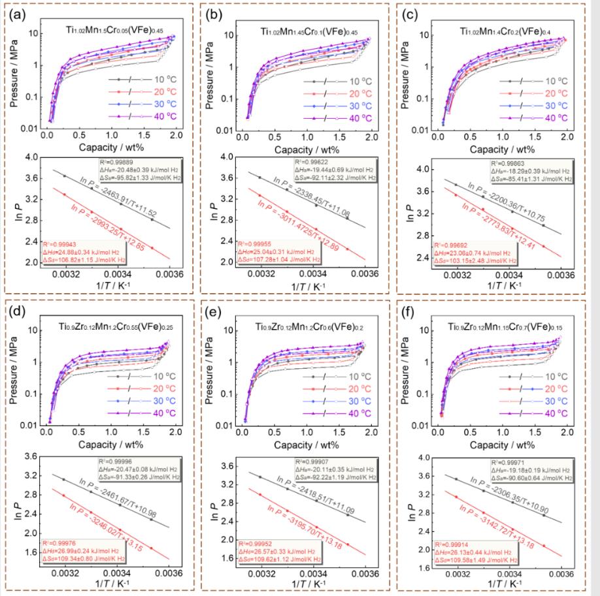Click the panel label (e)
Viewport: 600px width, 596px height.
pyautogui.click(x=217, y=311)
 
